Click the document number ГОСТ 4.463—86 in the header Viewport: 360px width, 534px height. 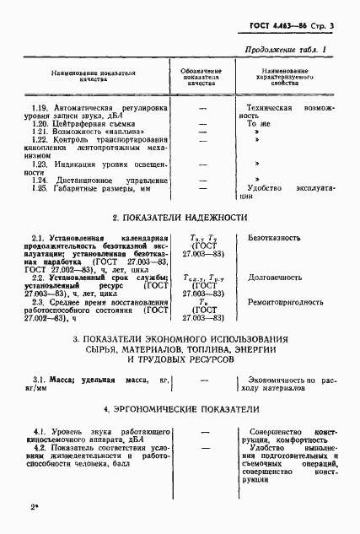click(x=282, y=27)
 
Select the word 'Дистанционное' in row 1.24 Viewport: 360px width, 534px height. click(x=87, y=181)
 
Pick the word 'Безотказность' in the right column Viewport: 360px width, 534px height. click(x=274, y=239)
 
